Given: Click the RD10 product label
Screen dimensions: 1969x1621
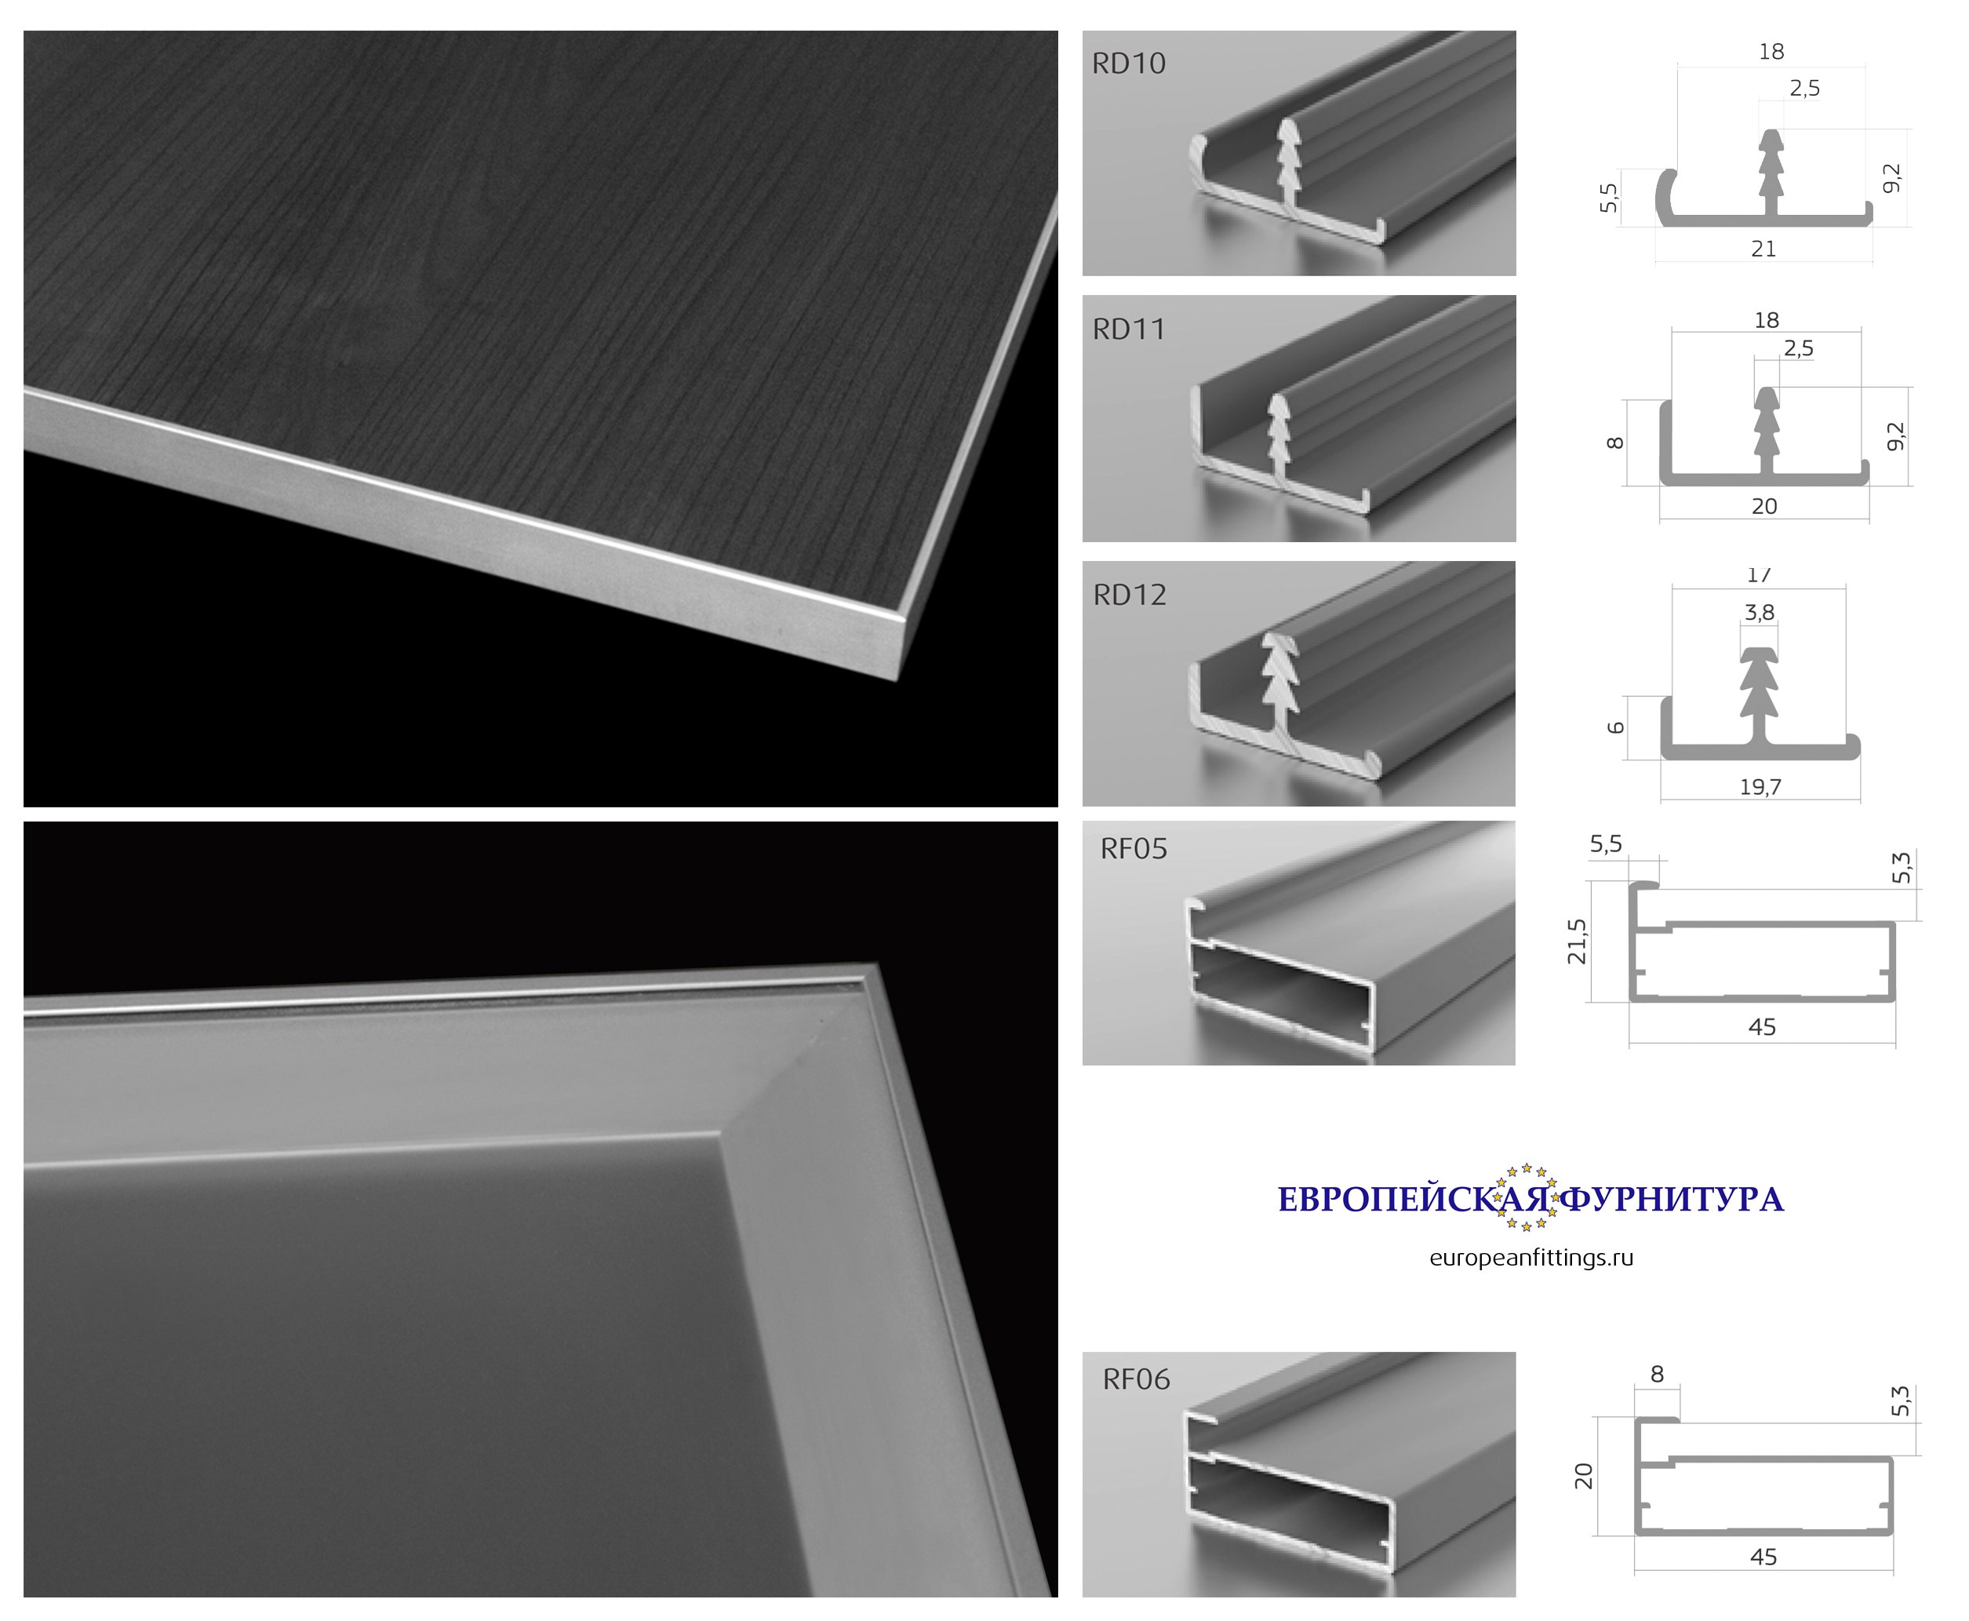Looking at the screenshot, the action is [1128, 64].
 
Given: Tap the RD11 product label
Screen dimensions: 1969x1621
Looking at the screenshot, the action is [1129, 330].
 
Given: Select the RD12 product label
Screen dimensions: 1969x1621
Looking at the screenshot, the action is [1130, 595].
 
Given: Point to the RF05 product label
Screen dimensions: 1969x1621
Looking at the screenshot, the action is [1134, 849].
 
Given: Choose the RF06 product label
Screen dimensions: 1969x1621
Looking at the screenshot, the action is [1135, 1379].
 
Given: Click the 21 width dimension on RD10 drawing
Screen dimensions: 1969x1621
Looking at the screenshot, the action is [1763, 250].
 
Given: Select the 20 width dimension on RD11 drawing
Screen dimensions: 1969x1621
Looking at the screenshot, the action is [1763, 506].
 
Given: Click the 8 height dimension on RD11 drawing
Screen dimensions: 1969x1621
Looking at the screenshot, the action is [1615, 443].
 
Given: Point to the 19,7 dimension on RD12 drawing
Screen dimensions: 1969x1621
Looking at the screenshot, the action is [1760, 787].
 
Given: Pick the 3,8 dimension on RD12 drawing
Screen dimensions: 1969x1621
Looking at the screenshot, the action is [1759, 613].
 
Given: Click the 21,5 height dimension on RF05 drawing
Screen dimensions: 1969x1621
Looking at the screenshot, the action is [1577, 942].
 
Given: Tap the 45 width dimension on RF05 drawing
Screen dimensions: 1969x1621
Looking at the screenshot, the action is [1761, 1027].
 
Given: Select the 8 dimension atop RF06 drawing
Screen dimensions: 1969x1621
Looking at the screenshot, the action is [1656, 1374].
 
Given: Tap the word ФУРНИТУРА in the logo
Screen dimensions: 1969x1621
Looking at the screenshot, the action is [1672, 1200].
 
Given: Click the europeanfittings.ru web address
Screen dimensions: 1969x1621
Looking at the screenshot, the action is [1531, 1258].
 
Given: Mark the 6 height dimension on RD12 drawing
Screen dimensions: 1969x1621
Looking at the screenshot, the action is [1615, 727].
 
